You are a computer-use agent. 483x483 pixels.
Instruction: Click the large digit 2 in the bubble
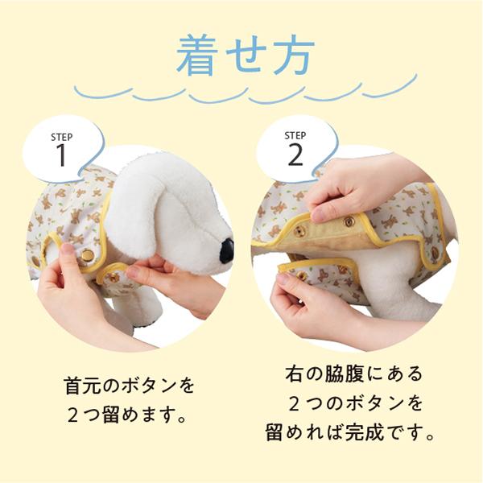(295, 155)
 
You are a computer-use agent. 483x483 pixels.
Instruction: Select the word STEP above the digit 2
(295, 135)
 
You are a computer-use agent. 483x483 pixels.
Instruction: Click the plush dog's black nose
(227, 251)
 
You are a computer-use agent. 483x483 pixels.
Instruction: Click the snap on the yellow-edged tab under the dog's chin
(114, 276)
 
